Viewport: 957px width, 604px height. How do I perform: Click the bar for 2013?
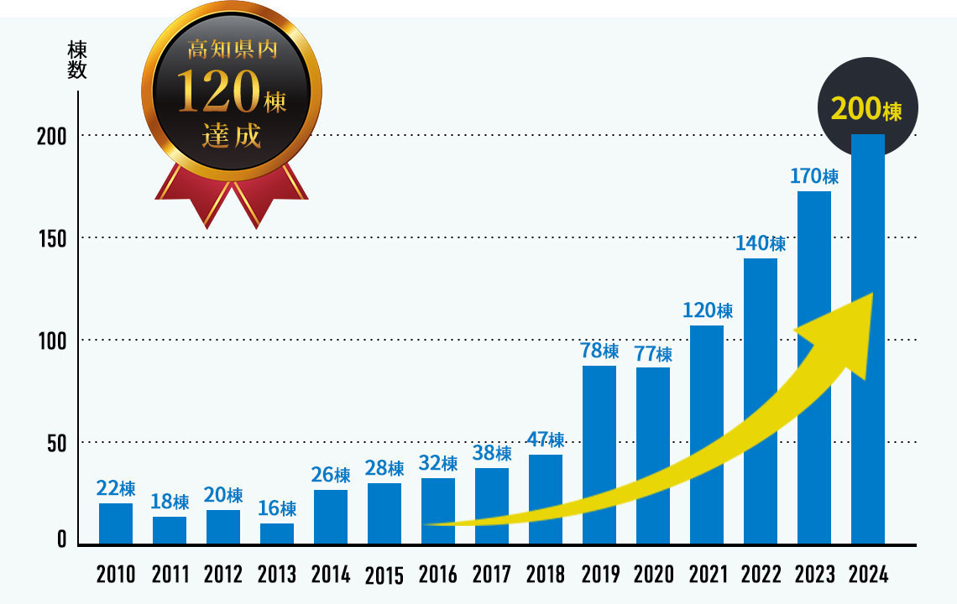(276, 534)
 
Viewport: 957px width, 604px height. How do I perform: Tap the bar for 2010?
(115, 523)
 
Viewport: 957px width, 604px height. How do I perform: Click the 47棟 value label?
(545, 440)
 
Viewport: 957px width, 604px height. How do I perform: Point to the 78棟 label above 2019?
(599, 351)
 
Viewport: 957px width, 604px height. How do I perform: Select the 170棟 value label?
(813, 177)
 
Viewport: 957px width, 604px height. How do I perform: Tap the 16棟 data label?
(276, 508)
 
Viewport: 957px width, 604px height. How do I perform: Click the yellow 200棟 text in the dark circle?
(866, 110)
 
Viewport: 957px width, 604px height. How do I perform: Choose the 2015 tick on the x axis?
(384, 575)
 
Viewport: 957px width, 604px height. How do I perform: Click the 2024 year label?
(867, 575)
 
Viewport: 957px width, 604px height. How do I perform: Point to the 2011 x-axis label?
(170, 575)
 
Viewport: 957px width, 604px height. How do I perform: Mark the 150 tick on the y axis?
(52, 238)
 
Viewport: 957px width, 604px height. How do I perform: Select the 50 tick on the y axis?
(56, 442)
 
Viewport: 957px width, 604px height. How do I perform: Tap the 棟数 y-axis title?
(76, 60)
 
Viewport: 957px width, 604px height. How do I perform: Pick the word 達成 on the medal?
(231, 136)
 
